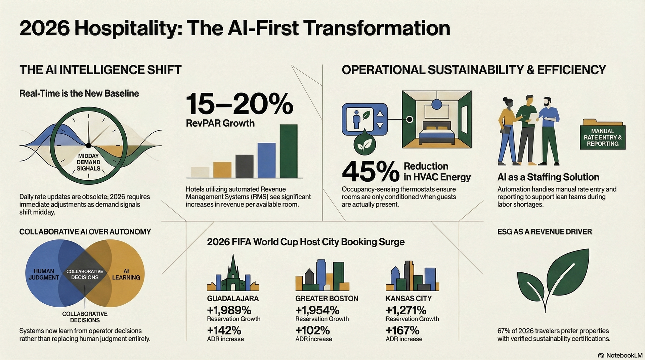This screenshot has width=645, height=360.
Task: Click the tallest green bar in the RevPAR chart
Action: coord(288,151)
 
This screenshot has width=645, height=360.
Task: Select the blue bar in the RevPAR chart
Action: coord(266,160)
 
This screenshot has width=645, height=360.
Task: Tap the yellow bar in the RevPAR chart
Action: coord(222,170)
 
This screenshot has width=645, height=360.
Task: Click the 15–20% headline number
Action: coord(239,104)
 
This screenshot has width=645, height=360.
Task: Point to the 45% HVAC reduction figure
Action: coord(370,171)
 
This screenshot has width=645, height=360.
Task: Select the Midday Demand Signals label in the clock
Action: coord(88,162)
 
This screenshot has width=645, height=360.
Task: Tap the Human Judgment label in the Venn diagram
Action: coord(44,274)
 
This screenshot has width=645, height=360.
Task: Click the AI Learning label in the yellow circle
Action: coord(126,274)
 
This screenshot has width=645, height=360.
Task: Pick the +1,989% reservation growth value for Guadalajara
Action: coord(229,310)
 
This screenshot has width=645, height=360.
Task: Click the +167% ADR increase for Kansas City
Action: coord(402,330)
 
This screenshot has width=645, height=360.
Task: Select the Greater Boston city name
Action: coord(327,299)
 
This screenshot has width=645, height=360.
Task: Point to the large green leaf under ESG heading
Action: coord(554,279)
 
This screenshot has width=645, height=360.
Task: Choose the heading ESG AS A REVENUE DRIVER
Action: coord(544,232)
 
